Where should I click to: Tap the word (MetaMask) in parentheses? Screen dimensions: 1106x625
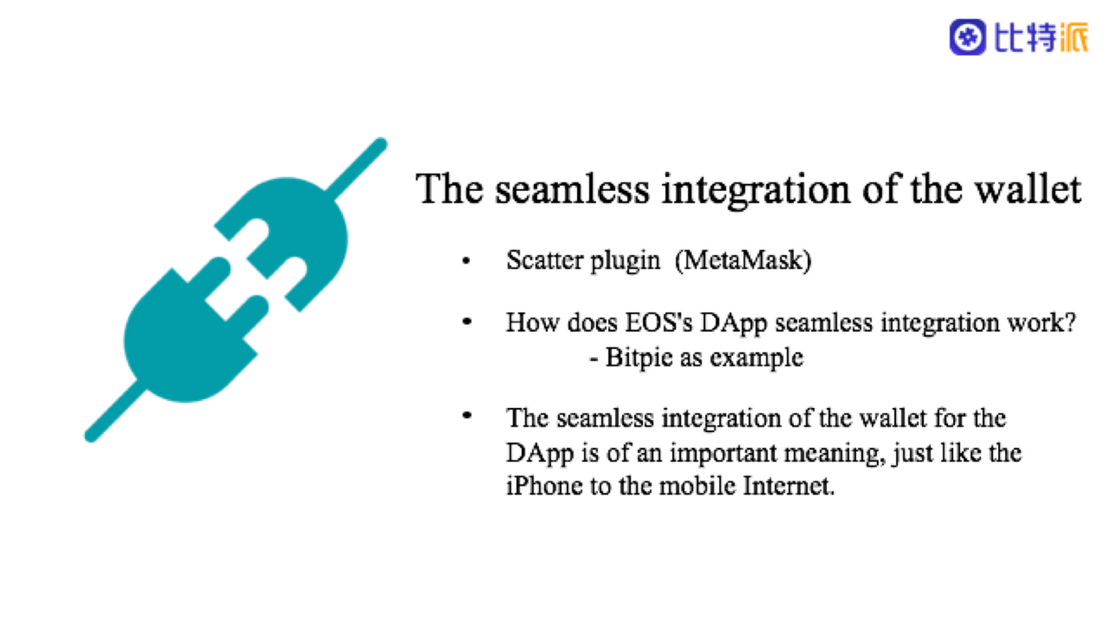click(x=743, y=260)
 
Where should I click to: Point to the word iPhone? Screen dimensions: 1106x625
click(x=544, y=485)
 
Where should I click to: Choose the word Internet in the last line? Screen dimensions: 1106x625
click(x=789, y=485)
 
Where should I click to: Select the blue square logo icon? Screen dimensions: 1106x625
click(x=967, y=37)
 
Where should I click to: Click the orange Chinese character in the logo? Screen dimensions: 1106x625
click(x=1071, y=37)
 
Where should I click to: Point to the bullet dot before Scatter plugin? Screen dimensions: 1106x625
click(x=466, y=261)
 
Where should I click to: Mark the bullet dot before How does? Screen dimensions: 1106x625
click(x=467, y=322)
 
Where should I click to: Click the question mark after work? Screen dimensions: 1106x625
click(x=1070, y=322)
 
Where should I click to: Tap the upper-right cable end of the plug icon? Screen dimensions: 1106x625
click(x=380, y=144)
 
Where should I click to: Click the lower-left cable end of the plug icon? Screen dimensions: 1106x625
click(x=92, y=436)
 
